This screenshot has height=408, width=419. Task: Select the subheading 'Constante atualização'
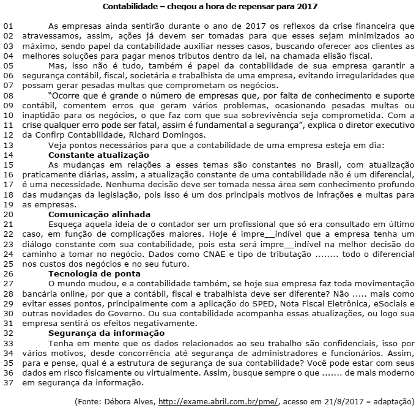tap(98, 155)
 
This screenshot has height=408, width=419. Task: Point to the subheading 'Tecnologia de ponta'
tap(94, 273)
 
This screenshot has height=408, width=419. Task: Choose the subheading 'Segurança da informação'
tap(106, 333)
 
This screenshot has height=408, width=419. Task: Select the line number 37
tap(8, 383)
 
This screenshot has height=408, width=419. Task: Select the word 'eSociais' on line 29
tap(395, 303)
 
